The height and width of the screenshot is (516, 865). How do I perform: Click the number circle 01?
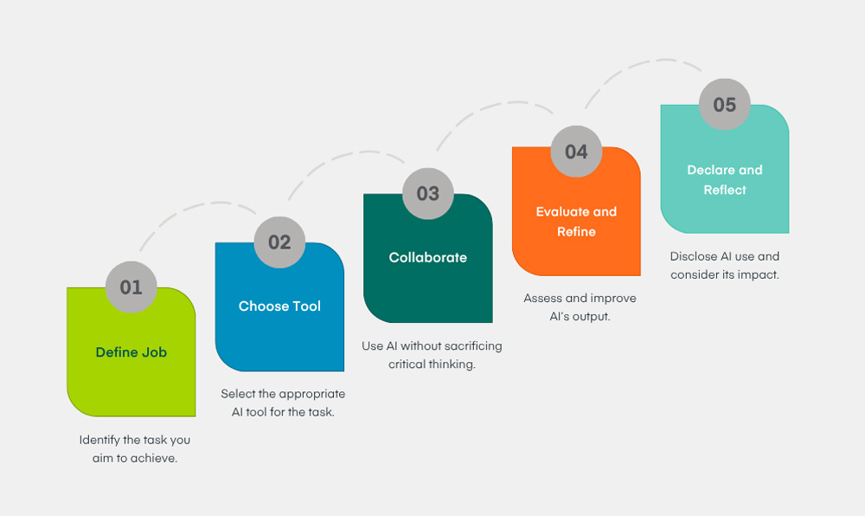131,287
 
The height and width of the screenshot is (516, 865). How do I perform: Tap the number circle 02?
279,242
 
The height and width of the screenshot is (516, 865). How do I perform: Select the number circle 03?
428,193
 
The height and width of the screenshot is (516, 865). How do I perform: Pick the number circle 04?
576,152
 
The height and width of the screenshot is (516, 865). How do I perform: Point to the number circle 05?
725,105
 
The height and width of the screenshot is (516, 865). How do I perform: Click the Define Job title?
131,352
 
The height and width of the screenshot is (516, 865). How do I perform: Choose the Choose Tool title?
279,306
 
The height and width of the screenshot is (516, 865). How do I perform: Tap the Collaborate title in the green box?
428,257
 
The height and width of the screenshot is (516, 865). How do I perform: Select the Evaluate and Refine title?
576,222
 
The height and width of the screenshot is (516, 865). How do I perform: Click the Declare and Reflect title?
725,179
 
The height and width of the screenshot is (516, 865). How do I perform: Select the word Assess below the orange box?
542,298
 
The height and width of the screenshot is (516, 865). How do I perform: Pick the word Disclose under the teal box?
694,256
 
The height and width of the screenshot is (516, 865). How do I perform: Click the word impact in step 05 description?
758,274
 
